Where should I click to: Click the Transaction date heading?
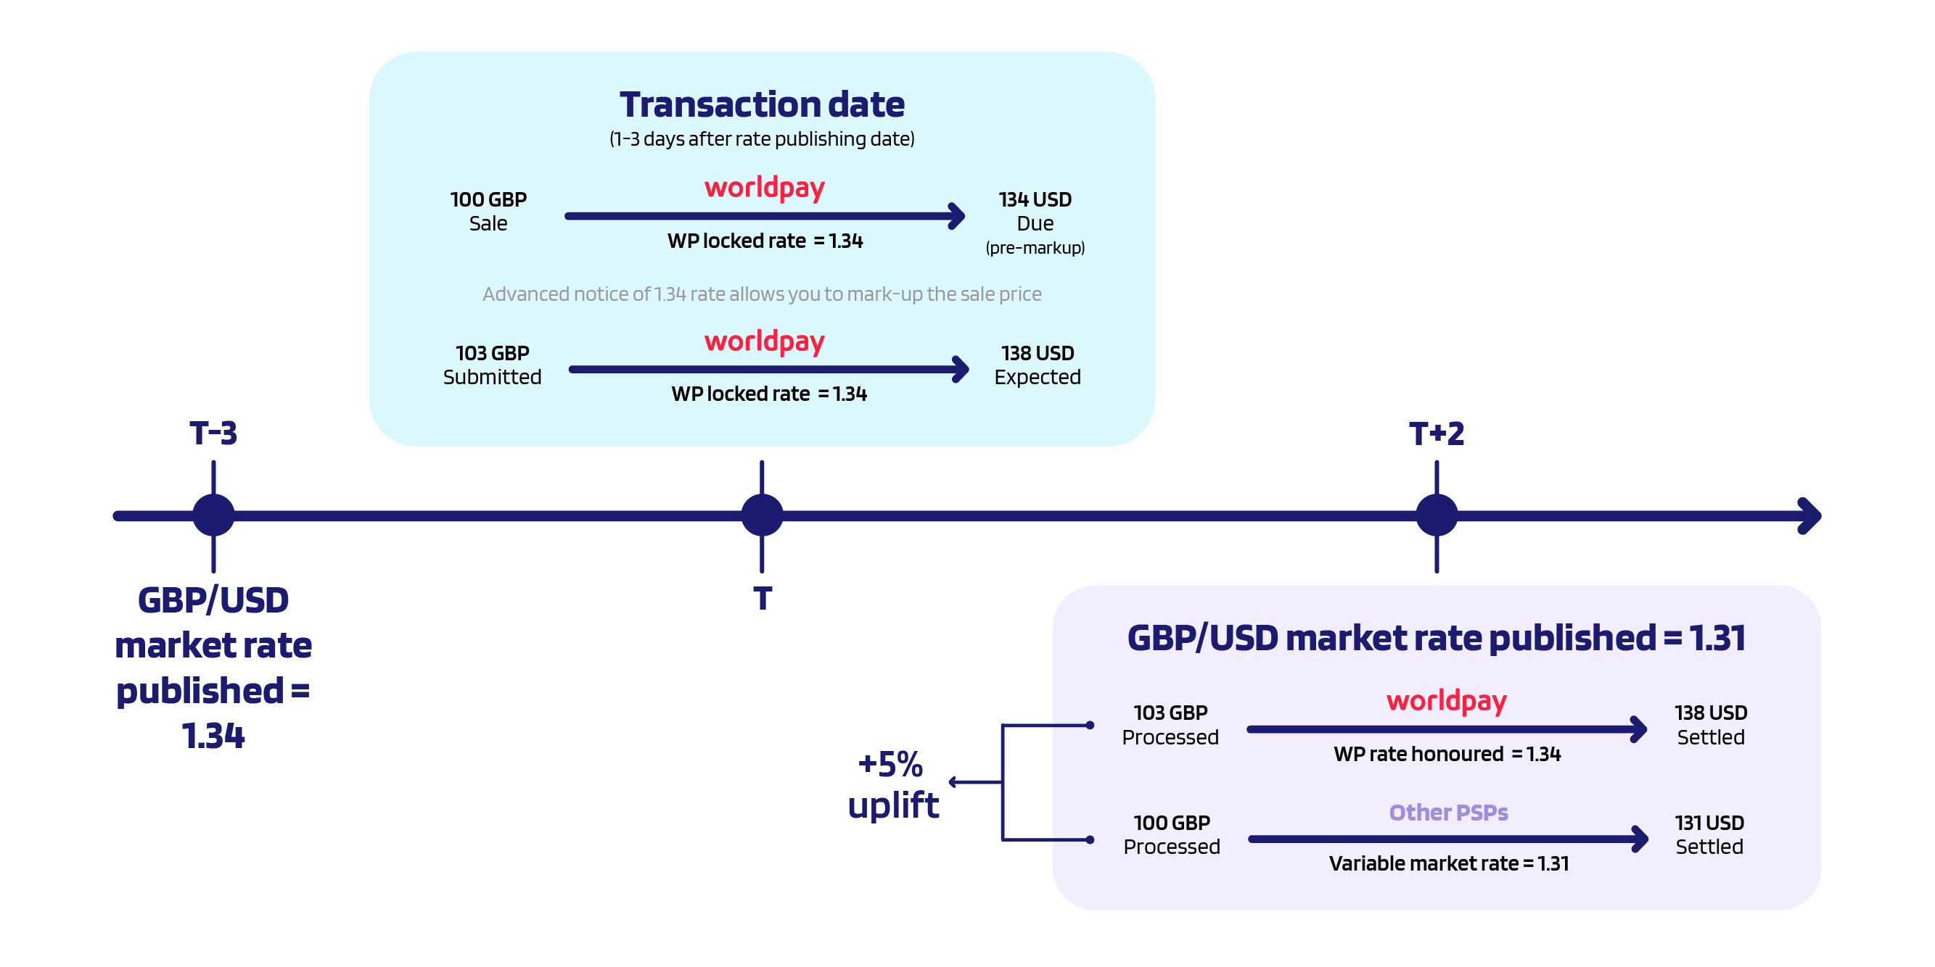(762, 104)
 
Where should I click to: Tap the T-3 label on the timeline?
(213, 433)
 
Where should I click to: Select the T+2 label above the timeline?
(1437, 433)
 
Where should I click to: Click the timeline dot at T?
(762, 515)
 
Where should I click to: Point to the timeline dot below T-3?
(213, 515)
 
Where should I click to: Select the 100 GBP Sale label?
(488, 211)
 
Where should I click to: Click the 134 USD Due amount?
(1035, 211)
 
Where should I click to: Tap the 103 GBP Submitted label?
(492, 365)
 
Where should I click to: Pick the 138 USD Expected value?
(1038, 365)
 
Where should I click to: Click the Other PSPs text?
(1448, 813)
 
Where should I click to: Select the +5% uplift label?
(892, 784)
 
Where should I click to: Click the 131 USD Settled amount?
(1709, 834)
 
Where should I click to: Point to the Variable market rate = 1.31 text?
(1448, 863)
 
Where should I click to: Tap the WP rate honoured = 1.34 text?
(1447, 754)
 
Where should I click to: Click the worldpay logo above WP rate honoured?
(1446, 700)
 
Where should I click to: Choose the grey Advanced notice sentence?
(762, 294)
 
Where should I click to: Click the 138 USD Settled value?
(1710, 724)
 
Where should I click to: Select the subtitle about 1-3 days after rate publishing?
(762, 139)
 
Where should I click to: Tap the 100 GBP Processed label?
(1171, 834)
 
